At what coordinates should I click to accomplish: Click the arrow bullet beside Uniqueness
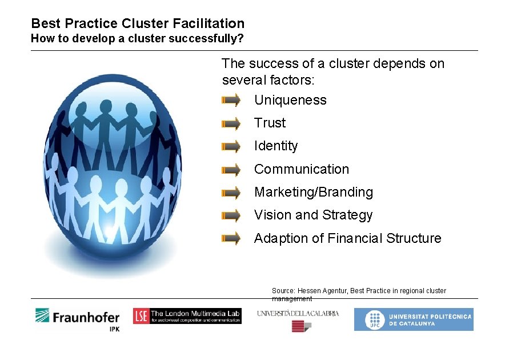231,101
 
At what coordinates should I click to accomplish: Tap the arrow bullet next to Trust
231,123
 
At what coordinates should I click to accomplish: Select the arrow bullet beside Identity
231,147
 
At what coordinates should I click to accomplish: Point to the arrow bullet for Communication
231,170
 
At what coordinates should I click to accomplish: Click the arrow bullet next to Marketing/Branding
231,193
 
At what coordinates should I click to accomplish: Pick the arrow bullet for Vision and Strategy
231,215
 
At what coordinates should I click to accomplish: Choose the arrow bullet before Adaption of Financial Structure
231,238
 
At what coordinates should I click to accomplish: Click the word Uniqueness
290,101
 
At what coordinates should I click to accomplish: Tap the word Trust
270,123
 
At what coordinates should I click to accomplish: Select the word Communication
301,169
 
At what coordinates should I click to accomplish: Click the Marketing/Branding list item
313,193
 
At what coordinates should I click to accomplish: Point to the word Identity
276,146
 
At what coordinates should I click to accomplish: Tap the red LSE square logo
141,316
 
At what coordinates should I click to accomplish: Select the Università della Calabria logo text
298,313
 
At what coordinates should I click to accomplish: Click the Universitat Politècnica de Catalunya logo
413,319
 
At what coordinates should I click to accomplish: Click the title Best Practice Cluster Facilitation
138,23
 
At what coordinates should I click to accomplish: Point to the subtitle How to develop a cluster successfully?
137,39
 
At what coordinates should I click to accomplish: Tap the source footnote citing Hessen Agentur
359,294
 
